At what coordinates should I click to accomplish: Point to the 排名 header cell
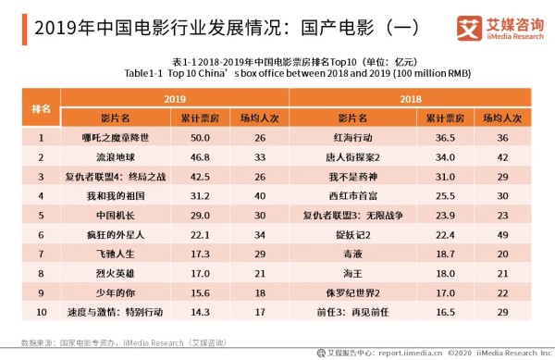click(40, 107)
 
